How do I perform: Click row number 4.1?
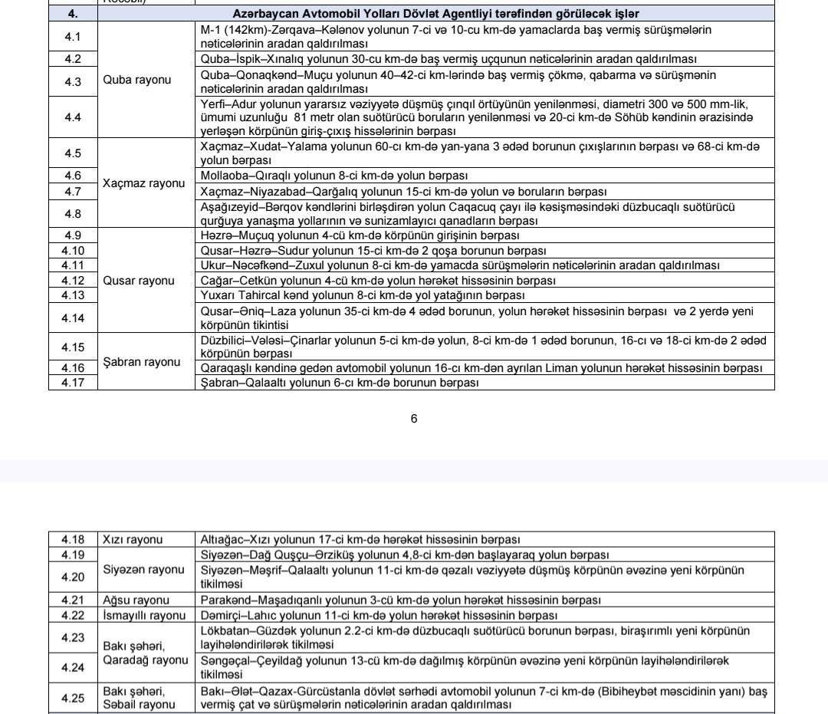(73, 37)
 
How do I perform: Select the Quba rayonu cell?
(137, 80)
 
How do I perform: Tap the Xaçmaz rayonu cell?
(144, 183)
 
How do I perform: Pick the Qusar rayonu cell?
(139, 281)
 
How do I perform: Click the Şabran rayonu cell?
(142, 362)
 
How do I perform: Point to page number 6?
(414, 419)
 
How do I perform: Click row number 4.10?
(73, 251)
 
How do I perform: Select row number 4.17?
(73, 383)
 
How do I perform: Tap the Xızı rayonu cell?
(133, 540)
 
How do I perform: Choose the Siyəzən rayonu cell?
(144, 570)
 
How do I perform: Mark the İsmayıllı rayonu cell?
(144, 615)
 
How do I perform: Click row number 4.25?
(73, 698)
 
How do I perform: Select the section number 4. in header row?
(73, 14)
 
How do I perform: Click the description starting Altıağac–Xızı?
(360, 540)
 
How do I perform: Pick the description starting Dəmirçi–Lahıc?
(379, 615)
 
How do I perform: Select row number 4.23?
(73, 637)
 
